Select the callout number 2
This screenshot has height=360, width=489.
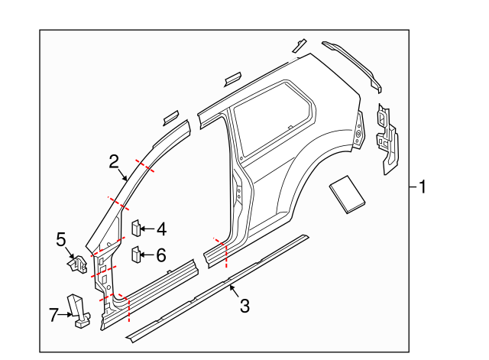pos(114,161)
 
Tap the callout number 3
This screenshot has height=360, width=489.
pos(244,306)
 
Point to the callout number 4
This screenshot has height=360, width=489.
pos(161,229)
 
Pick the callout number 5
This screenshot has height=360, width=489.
pos(62,240)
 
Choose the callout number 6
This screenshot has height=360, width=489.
pos(161,255)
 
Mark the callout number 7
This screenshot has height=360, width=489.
pos(53,314)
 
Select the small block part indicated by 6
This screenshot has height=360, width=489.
pos(135,254)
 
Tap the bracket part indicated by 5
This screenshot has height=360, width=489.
pos(76,264)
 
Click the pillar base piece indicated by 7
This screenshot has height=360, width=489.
pos(79,310)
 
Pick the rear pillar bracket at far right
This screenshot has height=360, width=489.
pos(387,138)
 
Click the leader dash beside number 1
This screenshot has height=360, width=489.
pos(413,186)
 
